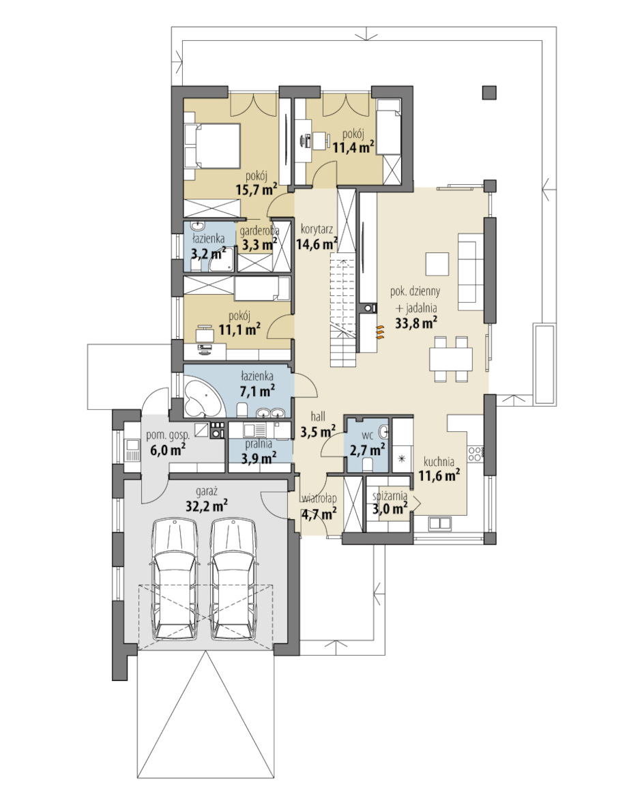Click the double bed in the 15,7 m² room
[x=213, y=146]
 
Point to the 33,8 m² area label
[x=416, y=323]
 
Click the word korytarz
[x=317, y=229]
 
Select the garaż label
[x=207, y=492]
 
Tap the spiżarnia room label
[x=390, y=496]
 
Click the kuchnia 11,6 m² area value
[x=439, y=475]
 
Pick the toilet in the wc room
[x=367, y=465]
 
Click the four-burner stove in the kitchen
[x=475, y=454]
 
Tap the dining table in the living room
[x=450, y=359]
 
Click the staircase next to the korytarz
[x=342, y=312]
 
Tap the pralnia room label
[x=259, y=444]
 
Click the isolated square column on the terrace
[x=489, y=92]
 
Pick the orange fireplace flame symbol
[x=379, y=333]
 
